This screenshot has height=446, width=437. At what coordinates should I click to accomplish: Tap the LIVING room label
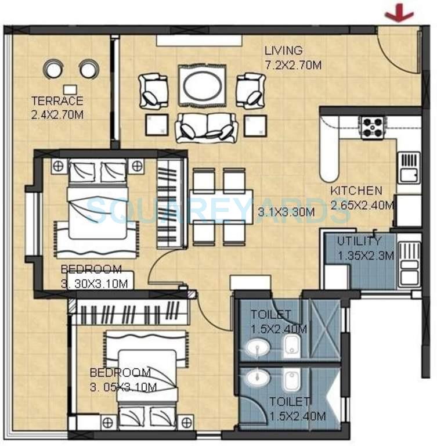tap(283, 51)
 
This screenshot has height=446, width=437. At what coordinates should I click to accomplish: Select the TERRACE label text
tap(57, 100)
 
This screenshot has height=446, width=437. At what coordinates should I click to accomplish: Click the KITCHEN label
tap(356, 191)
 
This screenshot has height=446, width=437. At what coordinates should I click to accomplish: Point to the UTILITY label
tap(360, 241)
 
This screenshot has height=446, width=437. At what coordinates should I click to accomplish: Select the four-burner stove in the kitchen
tap(372, 128)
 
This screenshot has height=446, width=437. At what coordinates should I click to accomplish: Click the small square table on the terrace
tap(70, 89)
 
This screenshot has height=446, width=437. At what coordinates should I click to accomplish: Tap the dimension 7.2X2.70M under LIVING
tap(292, 65)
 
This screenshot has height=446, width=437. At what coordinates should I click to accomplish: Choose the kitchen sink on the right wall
tap(409, 166)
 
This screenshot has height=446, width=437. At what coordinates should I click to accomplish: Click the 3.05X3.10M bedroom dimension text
tap(124, 386)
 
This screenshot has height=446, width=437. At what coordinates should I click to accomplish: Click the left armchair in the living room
tap(153, 91)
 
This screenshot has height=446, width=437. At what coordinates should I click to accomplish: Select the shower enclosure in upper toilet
tap(324, 329)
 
